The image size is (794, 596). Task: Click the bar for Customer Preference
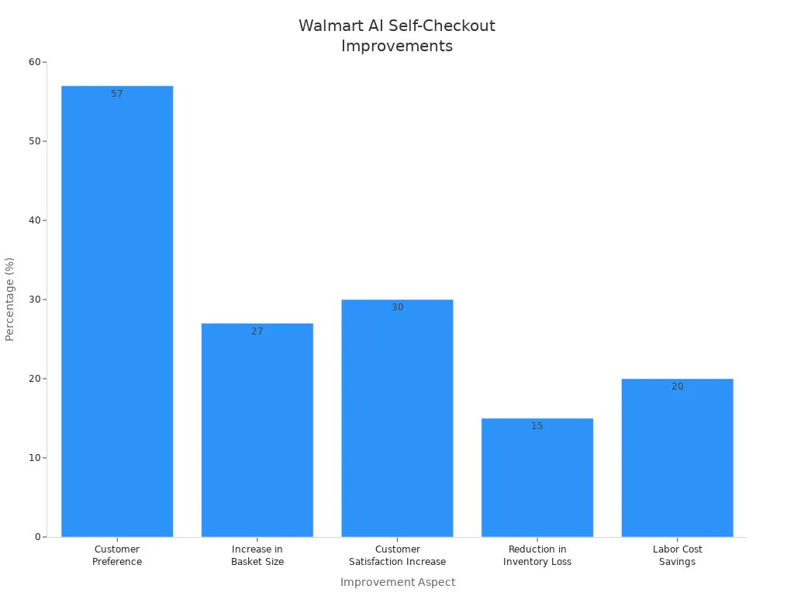tap(117, 310)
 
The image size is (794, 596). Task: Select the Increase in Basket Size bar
tap(257, 430)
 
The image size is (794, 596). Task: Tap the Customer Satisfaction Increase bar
tap(397, 418)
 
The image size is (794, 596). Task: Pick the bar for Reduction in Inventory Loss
tap(537, 477)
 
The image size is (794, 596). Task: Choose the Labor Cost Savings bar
tap(677, 458)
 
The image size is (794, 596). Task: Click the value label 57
tap(117, 94)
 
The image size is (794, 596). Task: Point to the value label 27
tap(257, 331)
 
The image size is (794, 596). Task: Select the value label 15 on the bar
tap(537, 426)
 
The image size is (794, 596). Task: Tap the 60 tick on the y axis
tap(35, 62)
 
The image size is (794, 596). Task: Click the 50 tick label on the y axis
tap(35, 141)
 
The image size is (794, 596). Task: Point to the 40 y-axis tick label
tap(35, 220)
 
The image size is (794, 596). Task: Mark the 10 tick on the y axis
tap(35, 458)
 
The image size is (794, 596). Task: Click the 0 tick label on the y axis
tap(37, 537)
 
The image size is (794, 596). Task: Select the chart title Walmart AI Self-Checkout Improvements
tap(397, 36)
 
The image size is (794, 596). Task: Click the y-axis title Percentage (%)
tap(10, 299)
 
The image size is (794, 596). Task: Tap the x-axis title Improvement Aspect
tap(398, 582)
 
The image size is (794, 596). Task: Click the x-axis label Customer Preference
tap(117, 556)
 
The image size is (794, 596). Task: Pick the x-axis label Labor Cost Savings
tap(677, 556)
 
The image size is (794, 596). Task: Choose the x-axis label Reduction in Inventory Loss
tap(537, 556)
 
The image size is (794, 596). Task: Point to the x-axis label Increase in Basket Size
tap(257, 556)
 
